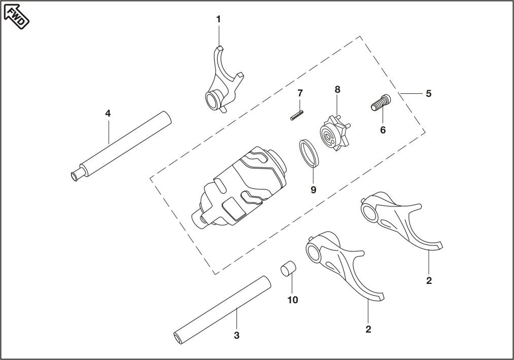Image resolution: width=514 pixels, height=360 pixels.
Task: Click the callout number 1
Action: (219, 19)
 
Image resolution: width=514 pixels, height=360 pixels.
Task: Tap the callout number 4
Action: (108, 113)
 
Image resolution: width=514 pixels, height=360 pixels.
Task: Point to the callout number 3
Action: (236, 336)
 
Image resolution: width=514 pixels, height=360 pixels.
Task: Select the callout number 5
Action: (429, 94)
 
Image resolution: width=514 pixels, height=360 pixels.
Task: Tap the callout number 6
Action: (383, 130)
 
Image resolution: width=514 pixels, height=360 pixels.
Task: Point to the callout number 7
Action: (300, 93)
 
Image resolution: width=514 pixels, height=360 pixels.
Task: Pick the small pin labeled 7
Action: (297, 116)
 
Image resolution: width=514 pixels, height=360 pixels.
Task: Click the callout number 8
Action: (337, 89)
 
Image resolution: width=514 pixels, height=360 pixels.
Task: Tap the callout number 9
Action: (313, 189)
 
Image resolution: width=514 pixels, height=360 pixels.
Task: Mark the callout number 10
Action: (293, 300)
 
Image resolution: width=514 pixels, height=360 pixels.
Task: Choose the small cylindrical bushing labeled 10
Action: (289, 267)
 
